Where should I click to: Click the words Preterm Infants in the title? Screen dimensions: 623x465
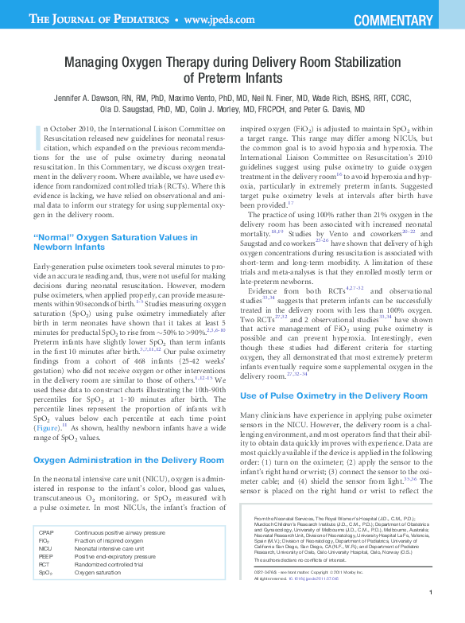tap(236, 77)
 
